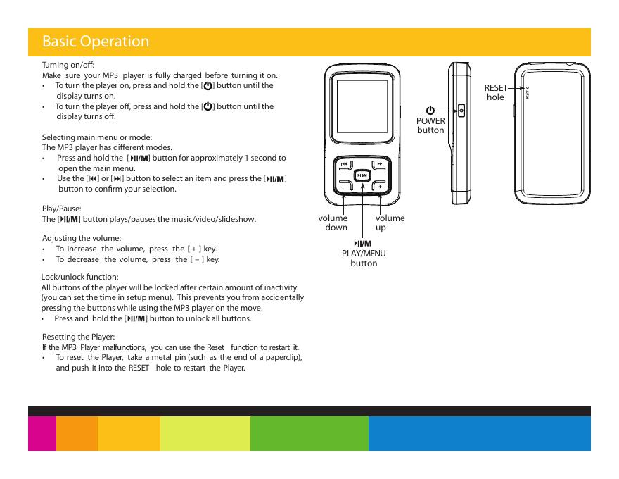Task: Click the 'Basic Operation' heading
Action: coord(96,42)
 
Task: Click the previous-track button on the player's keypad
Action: coord(344,165)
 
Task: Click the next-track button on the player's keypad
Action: coord(381,165)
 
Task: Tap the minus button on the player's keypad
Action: coord(344,187)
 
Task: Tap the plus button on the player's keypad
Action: coord(381,187)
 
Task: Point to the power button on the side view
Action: coord(461,111)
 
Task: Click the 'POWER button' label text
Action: coord(430,125)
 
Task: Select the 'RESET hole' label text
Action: coord(495,92)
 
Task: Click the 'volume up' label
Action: coord(390,223)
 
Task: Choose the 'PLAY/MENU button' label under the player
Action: coord(364,258)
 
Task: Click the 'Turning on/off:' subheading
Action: coord(64,65)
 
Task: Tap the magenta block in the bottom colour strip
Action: coord(42,433)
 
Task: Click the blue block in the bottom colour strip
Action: coord(479,433)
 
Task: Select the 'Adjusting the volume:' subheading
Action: coord(82,238)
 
